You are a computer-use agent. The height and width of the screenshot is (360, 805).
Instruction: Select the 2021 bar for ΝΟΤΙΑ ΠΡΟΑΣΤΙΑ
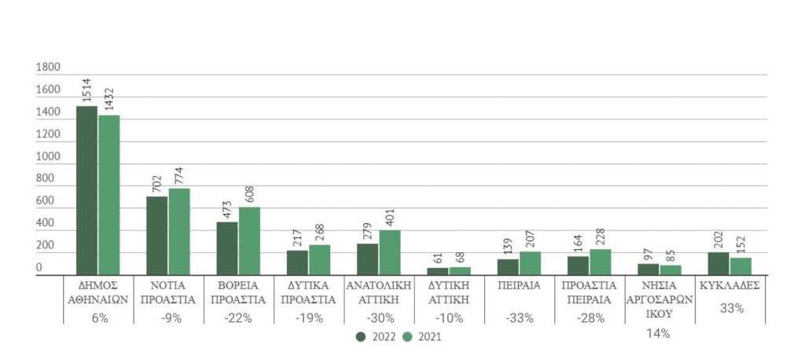(x=178, y=232)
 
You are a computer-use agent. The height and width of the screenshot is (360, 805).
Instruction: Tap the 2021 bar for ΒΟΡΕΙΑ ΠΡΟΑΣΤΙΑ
(x=249, y=241)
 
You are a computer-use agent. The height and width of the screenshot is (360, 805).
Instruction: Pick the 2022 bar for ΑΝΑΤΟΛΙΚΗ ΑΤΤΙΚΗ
(x=367, y=259)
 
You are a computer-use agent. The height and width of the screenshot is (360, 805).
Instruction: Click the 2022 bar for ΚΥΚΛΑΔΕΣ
(x=719, y=263)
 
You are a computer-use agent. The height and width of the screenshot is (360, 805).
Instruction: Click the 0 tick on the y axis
(x=39, y=268)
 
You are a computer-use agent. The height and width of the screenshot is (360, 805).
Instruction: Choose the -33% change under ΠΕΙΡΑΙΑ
(x=520, y=318)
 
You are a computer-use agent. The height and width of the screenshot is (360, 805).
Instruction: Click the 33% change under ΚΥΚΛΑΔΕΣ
(x=732, y=309)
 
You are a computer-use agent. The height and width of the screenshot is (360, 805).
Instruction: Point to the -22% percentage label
(x=239, y=318)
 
